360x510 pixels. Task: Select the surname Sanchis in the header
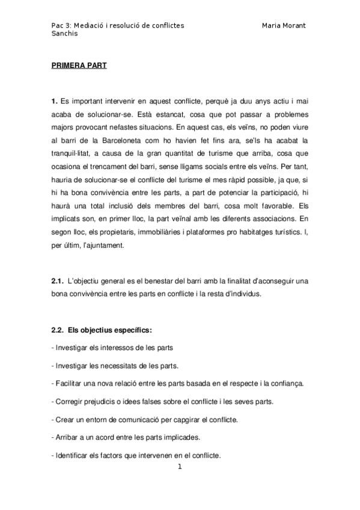[x=66, y=34]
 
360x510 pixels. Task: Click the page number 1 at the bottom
[x=179, y=466]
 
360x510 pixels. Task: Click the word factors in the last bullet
[x=116, y=455]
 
